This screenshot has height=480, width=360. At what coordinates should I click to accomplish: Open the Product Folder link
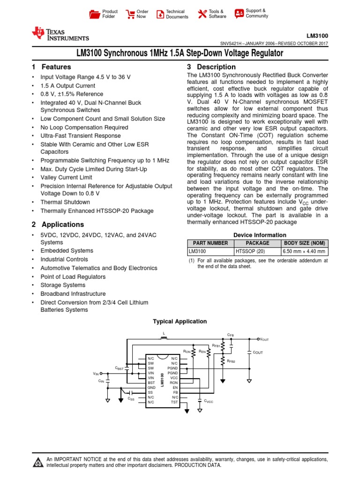[x=110, y=14]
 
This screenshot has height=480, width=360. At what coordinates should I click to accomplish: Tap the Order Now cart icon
[x=130, y=14]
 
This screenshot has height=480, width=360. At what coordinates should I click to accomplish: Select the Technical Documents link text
[x=177, y=14]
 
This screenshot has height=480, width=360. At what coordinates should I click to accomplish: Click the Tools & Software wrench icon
[x=202, y=14]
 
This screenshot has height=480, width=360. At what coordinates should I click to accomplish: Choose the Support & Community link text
[x=257, y=13]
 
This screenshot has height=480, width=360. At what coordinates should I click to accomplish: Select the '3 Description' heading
[x=211, y=67]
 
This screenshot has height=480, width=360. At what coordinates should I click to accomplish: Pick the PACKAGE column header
[x=257, y=243]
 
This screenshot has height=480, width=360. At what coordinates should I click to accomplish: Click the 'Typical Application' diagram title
[x=180, y=322]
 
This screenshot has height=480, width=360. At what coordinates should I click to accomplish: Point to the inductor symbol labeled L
[x=164, y=338]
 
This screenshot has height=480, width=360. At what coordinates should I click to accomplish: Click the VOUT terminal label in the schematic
[x=264, y=339]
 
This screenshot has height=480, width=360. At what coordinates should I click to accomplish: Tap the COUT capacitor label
[x=258, y=352]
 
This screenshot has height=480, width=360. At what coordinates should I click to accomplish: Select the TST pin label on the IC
[x=174, y=402]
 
